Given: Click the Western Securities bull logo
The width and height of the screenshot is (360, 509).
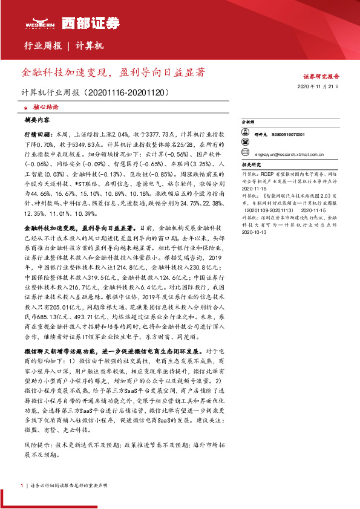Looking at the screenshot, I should coord(38,22).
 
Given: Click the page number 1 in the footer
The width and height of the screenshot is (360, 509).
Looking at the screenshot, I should coord(22,486).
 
